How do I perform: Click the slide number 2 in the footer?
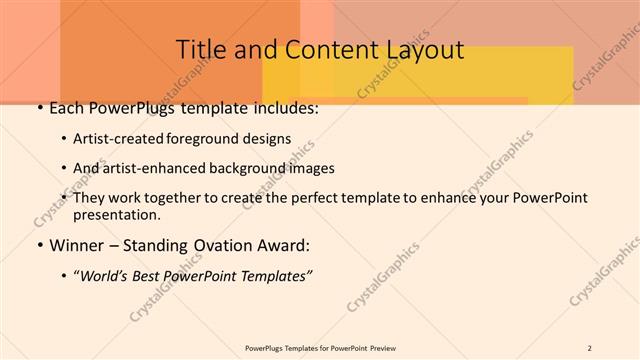pos(590,347)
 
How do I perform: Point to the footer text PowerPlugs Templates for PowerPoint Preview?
pos(320,347)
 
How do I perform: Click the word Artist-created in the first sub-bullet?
pos(120,138)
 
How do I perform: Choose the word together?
pos(169,198)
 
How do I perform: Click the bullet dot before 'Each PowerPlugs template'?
pos(39,108)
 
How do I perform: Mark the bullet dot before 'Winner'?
pos(39,245)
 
